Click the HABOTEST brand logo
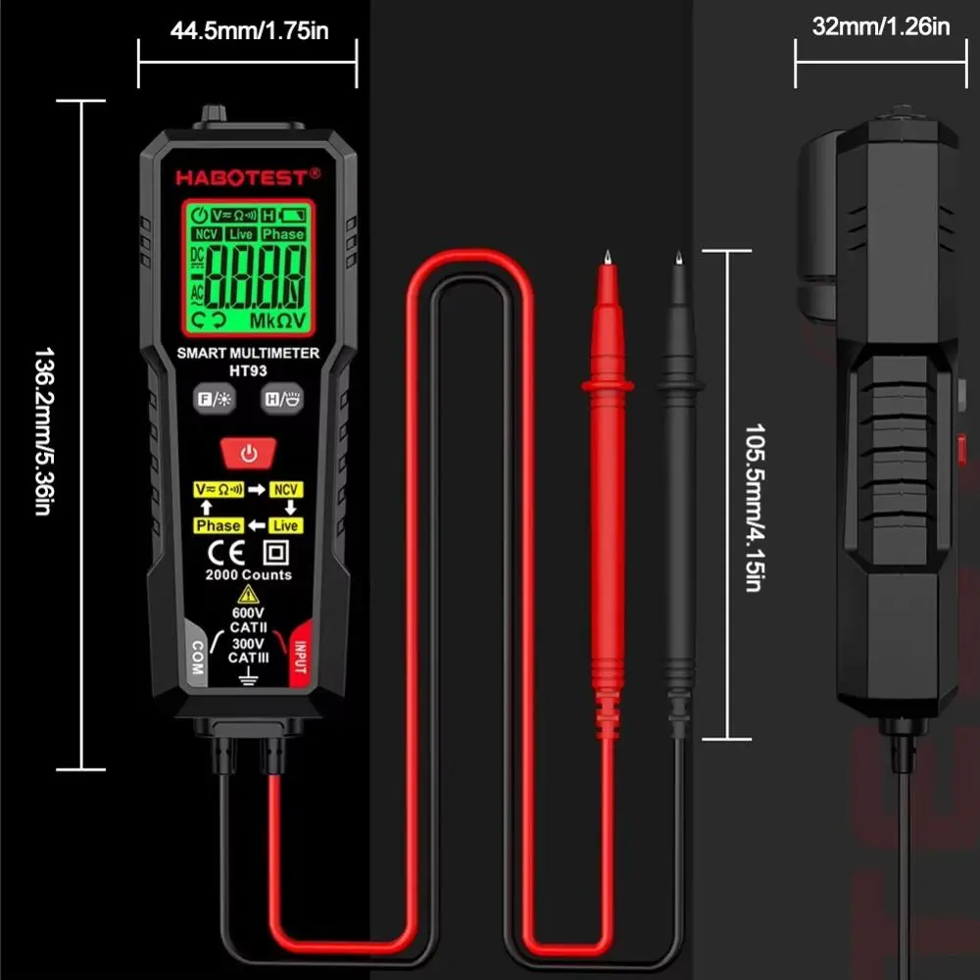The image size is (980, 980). click(248, 177)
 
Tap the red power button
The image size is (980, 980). click(249, 453)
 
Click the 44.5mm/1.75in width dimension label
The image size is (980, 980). click(249, 30)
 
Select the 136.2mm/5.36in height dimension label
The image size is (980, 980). click(44, 432)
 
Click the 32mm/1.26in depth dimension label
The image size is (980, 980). click(881, 26)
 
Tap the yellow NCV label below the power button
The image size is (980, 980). click(286, 489)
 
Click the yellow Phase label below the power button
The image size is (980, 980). click(219, 526)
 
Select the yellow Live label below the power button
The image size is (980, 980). click(286, 526)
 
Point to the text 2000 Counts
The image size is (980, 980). click(248, 574)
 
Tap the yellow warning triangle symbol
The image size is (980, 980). click(249, 594)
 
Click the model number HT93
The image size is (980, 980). click(248, 370)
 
